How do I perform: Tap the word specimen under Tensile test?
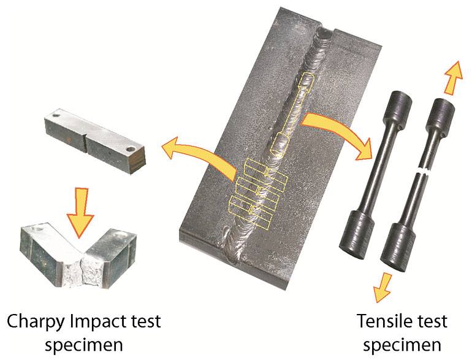(402, 345)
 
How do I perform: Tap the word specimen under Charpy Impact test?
(84, 345)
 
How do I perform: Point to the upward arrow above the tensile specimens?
(453, 77)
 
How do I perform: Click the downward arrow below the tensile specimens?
(383, 288)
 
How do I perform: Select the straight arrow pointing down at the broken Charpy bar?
(80, 212)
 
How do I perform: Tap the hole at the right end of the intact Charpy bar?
(131, 149)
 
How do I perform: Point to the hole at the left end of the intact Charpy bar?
(56, 115)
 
